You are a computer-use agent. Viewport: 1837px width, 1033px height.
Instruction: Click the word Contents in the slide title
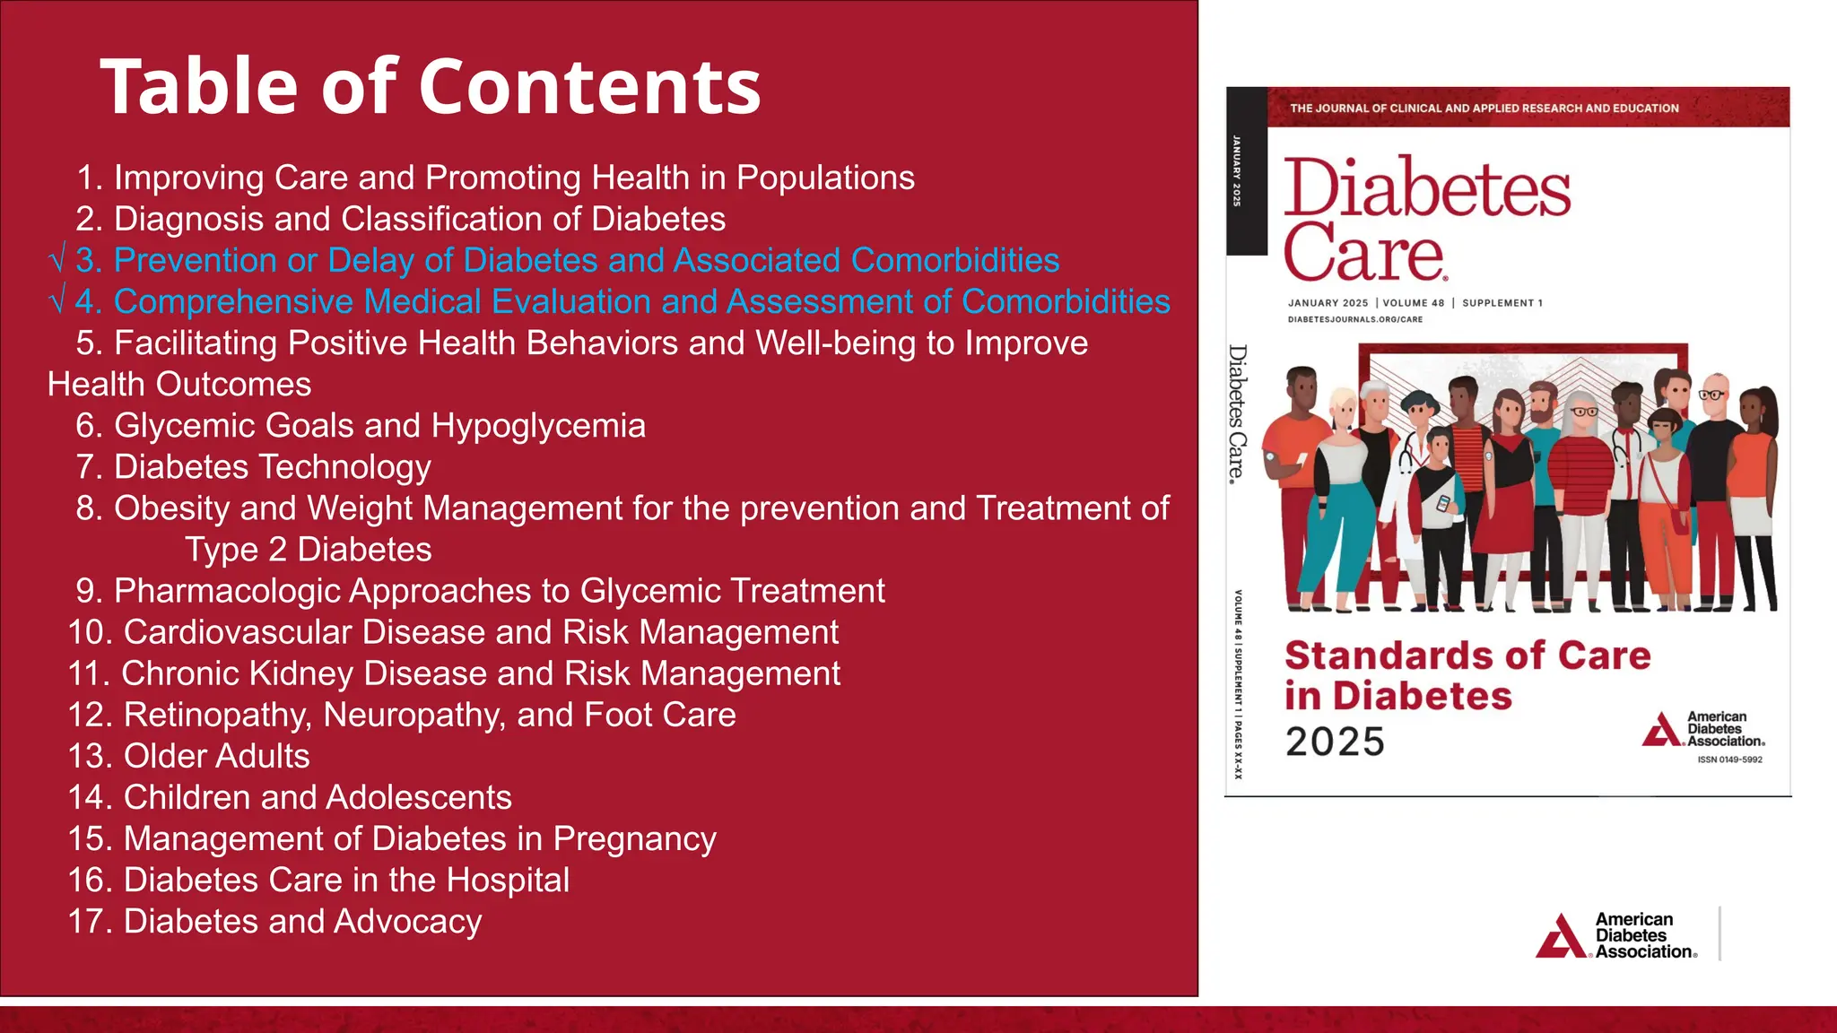(x=589, y=87)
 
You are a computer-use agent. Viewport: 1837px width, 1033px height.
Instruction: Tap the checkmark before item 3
(x=57, y=261)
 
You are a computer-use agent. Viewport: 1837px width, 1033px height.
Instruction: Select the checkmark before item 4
(x=57, y=302)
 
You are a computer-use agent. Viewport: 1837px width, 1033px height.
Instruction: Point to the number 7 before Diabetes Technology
(x=85, y=467)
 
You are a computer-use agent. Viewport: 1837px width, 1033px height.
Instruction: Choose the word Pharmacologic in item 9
(x=228, y=591)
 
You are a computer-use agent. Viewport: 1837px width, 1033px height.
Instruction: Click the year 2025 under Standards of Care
(x=1335, y=742)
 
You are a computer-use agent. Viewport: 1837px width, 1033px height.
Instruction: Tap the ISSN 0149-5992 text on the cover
(x=1729, y=760)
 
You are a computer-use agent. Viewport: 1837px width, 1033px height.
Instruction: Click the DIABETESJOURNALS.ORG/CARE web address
(x=1355, y=319)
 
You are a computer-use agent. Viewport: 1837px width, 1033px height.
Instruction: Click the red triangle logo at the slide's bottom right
(x=1562, y=936)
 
